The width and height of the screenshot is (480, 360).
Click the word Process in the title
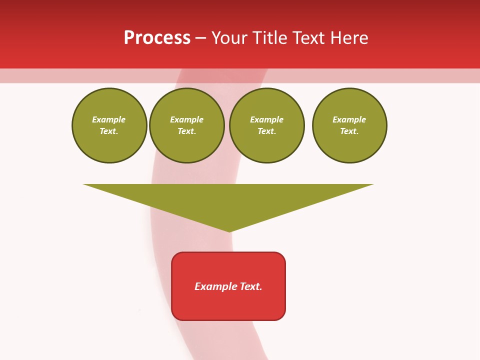point(157,38)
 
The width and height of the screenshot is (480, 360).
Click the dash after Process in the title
point(200,38)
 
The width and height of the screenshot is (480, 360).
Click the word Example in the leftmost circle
point(109,119)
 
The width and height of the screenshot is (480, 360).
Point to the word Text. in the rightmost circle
point(349,131)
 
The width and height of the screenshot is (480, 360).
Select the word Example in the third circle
point(267,119)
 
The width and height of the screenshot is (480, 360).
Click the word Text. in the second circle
point(187,131)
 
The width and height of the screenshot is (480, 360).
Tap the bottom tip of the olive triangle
point(229,231)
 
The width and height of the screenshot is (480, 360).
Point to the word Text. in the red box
point(251,286)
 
